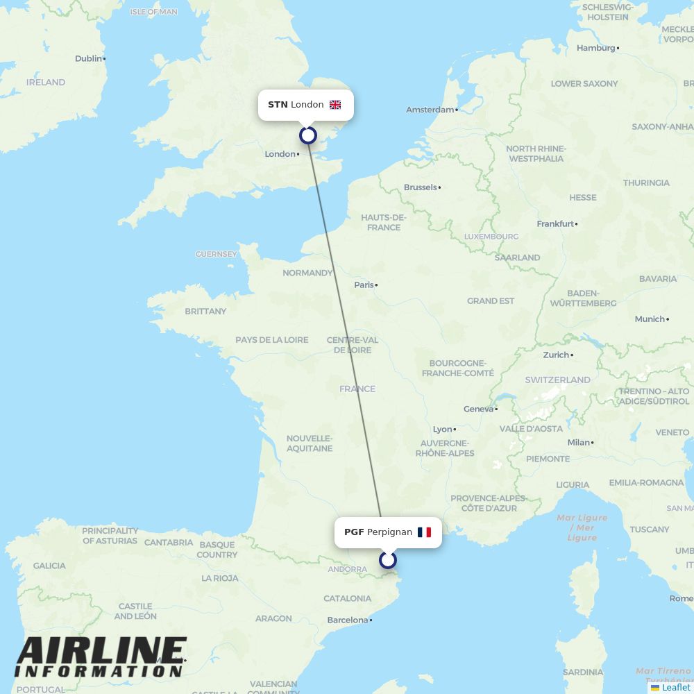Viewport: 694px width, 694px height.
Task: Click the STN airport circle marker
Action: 307,135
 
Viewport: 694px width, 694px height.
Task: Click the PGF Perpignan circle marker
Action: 388,559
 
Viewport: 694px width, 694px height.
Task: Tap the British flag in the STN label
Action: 335,105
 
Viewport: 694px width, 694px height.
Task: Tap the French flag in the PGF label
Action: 424,532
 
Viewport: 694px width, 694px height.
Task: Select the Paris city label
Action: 364,285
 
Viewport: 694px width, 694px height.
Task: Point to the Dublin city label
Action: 88,58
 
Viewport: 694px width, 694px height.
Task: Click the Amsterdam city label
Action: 430,110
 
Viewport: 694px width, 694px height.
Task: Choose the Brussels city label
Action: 421,187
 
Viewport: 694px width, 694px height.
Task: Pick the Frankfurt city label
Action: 555,223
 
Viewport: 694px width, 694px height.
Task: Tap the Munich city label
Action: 650,319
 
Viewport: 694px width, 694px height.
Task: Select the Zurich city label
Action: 556,355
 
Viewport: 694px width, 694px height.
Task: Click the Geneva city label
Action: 478,409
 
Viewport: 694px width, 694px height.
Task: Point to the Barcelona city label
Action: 347,620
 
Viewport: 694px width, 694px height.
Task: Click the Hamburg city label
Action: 595,48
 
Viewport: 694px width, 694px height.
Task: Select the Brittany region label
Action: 205,311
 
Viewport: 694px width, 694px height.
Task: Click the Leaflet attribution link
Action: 676,687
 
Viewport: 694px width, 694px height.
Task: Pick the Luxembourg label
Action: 491,237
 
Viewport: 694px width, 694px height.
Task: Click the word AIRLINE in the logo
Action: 101,652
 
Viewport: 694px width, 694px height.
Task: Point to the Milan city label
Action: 578,442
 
